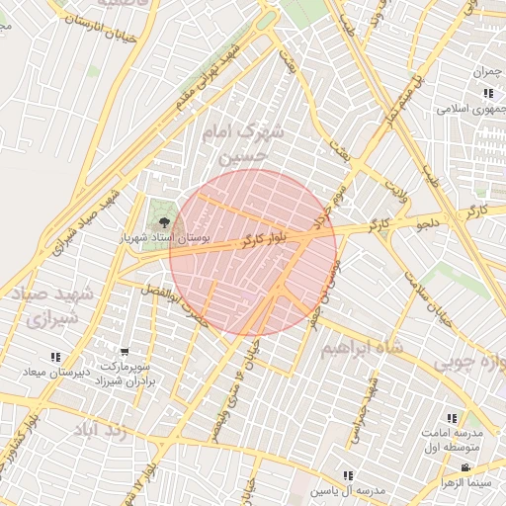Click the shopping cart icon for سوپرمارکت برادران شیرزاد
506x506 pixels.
(125, 353)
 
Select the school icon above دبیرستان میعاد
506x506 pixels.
(55, 357)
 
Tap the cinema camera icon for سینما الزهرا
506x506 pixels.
(465, 467)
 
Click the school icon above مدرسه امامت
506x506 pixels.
(453, 418)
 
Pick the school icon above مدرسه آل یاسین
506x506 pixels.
(347, 475)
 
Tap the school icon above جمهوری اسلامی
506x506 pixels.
(488, 94)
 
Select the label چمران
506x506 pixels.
(488, 72)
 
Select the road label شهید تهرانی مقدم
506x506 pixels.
(205, 76)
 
